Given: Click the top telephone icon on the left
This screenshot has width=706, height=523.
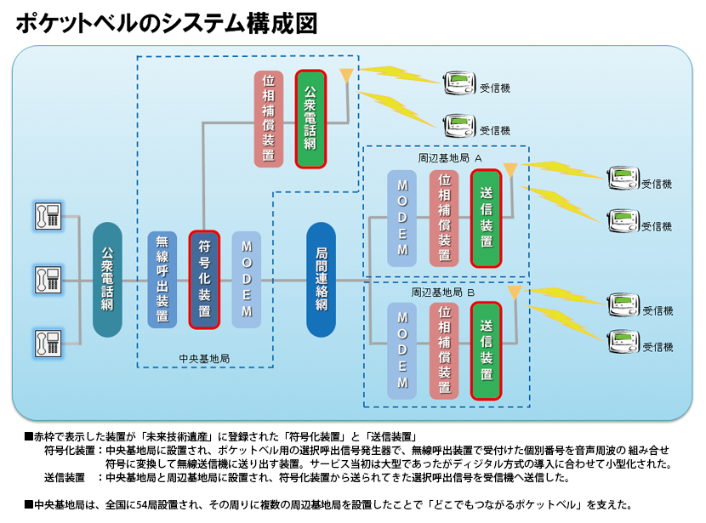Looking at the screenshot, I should point(47,215).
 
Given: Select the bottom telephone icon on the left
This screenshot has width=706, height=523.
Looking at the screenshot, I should point(47,343).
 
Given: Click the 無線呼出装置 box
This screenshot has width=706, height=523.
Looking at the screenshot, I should point(162,279).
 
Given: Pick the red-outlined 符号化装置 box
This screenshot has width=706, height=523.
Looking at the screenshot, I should point(204,279).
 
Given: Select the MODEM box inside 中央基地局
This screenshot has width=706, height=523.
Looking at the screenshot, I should point(247,279).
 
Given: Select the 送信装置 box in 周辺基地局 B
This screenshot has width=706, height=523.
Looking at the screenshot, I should point(486,350).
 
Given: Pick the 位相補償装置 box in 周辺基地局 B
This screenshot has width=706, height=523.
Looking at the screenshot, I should point(444,350).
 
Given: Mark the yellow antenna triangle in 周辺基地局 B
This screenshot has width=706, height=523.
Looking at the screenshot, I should point(514,293).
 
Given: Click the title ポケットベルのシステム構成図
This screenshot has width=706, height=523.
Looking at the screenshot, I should point(167,23).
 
